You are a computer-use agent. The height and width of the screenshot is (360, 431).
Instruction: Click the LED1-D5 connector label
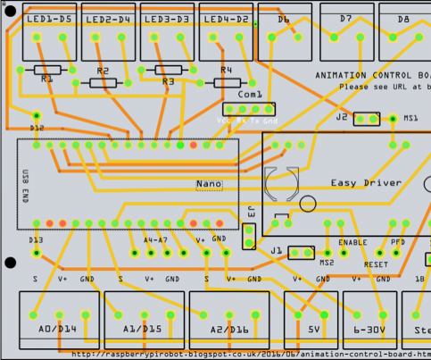pos(49,19)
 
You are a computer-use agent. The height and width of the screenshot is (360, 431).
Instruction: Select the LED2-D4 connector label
pos(109,19)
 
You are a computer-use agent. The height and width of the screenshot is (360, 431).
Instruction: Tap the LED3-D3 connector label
pos(168,19)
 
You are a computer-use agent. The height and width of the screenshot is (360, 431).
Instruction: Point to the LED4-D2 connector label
pos(227,19)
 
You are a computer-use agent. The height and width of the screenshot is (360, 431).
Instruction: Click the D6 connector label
pos(284,19)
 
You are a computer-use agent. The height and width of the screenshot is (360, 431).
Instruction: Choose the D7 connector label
pos(345,19)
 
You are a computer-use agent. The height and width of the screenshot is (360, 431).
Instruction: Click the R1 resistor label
pos(46,79)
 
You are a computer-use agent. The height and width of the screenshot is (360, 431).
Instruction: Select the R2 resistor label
pos(103,71)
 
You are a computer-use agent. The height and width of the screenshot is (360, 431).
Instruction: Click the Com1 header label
pos(251,94)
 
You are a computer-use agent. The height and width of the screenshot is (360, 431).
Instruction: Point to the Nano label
pos(209,184)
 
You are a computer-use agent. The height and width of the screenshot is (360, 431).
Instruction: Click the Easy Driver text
pos(366,183)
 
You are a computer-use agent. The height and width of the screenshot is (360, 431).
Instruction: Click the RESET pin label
pos(375,264)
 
